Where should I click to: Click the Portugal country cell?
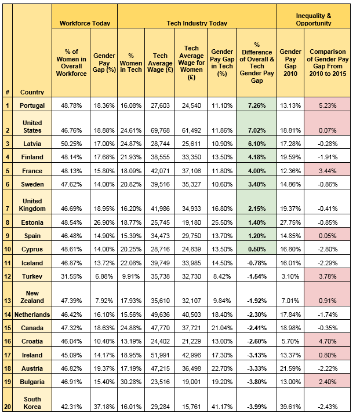coord(32,105)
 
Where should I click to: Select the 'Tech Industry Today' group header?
coord(197,23)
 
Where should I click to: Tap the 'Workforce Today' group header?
coord(85,23)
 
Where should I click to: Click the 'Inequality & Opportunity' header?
coord(314,20)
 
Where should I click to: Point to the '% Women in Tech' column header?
coord(131,63)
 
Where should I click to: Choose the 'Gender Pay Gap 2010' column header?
coord(290,63)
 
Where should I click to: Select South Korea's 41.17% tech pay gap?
coord(222,407)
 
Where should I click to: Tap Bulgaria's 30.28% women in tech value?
coord(131,382)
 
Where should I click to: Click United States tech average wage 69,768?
coord(160,130)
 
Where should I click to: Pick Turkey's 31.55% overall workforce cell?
coord(71,276)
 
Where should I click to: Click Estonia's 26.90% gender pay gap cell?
coord(104,222)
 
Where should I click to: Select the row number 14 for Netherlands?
coord(8,315)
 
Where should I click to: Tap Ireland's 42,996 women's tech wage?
coord(191,355)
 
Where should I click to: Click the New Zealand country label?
coord(32,297)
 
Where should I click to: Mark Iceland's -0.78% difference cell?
coord(257,263)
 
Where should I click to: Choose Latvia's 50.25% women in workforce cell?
coord(71,144)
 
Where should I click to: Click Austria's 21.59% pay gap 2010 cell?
coord(290,368)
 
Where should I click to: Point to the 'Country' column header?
coord(32,92)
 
